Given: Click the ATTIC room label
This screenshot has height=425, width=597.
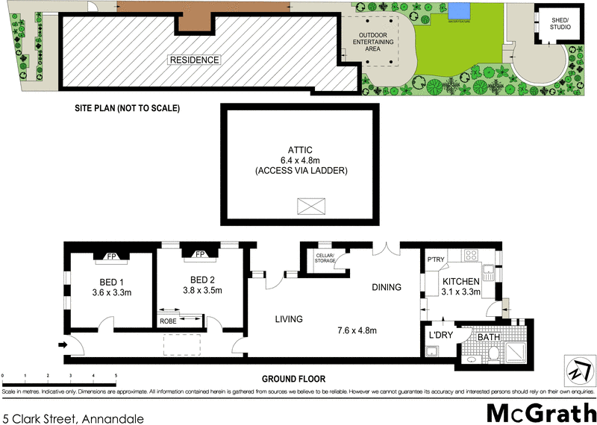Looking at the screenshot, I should [298, 148].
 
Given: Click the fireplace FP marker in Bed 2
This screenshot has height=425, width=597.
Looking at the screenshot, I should [199, 254].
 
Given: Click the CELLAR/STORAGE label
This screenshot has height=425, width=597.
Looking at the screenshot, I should [325, 258].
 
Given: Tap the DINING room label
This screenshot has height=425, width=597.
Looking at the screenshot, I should [386, 287].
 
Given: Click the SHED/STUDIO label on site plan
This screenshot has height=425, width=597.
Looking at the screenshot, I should [559, 24].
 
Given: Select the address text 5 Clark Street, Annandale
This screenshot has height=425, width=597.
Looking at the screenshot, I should [72, 419].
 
